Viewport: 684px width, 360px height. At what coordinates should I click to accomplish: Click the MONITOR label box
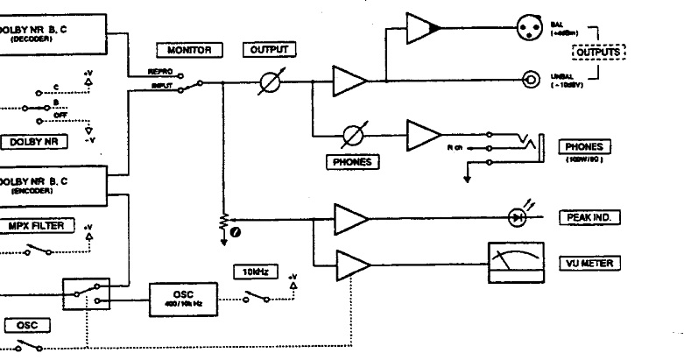pos(190,50)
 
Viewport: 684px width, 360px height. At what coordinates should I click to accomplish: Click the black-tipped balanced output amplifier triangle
pos(425,28)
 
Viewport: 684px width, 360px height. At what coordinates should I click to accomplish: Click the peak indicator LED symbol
pos(519,215)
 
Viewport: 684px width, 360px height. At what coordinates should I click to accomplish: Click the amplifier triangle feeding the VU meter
pos(351,262)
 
